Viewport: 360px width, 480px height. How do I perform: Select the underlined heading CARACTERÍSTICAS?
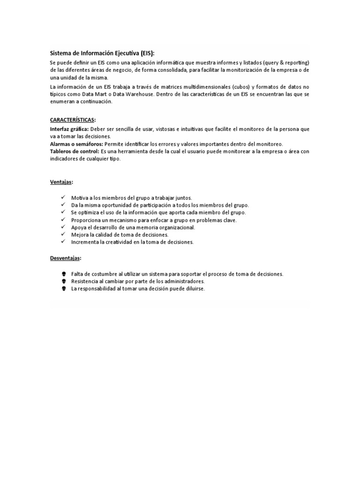[x=72, y=120]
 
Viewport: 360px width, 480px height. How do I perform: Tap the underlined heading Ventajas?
[x=61, y=182]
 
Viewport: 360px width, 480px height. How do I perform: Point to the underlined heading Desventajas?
[x=66, y=258]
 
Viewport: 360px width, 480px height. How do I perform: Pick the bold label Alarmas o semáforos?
[x=76, y=144]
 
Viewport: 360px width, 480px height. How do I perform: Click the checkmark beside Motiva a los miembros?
[x=63, y=197]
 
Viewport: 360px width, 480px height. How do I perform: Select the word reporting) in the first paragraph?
[x=295, y=62]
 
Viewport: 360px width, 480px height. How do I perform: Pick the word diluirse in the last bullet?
[x=193, y=289]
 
